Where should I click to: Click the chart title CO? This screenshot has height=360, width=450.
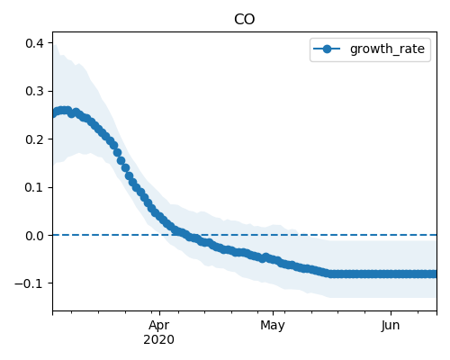pyautogui.click(x=244, y=20)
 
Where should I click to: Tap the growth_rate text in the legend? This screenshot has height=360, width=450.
pyautogui.click(x=387, y=49)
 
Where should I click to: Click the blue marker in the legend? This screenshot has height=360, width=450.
pyautogui.click(x=327, y=49)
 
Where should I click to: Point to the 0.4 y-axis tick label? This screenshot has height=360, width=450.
pyautogui.click(x=34, y=43)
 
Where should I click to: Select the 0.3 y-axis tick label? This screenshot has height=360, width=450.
pyautogui.click(x=34, y=91)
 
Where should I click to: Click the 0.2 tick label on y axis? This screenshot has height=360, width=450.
pyautogui.click(x=34, y=139)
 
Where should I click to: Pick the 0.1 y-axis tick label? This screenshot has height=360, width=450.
pyautogui.click(x=34, y=187)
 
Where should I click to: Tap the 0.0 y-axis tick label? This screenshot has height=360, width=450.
pyautogui.click(x=34, y=236)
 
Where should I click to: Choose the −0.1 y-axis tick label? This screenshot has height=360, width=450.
pyautogui.click(x=30, y=283)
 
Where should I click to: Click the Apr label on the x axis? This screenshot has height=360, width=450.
pyautogui.click(x=159, y=326)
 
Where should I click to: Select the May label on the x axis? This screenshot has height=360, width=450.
pyautogui.click(x=273, y=326)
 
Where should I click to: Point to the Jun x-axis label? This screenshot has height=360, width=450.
pyautogui.click(x=391, y=326)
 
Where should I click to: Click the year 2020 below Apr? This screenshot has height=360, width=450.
pyautogui.click(x=158, y=339)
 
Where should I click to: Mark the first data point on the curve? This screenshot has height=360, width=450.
pyautogui.click(x=54, y=113)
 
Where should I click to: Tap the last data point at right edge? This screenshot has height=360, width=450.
pyautogui.click(x=435, y=274)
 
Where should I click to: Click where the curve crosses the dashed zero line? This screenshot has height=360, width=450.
pyautogui.click(x=186, y=235)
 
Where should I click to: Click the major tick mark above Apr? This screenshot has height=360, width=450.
pyautogui.click(x=159, y=313)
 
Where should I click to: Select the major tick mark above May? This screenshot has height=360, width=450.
pyautogui.click(x=273, y=313)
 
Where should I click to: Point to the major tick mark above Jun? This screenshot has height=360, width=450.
pyautogui.click(x=391, y=313)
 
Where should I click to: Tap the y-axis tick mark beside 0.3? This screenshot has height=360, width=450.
pyautogui.click(x=50, y=91)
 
